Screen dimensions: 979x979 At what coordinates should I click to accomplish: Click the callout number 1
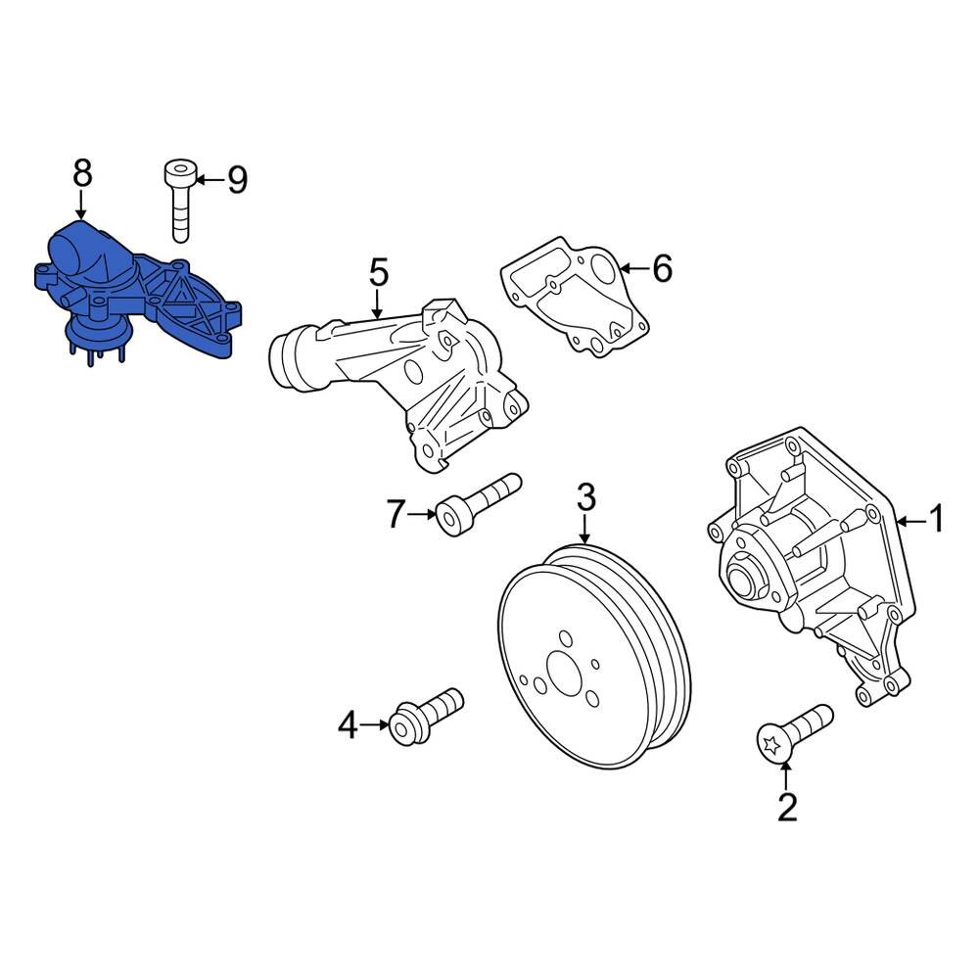click(936, 520)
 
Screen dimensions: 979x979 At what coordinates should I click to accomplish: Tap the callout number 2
click(787, 807)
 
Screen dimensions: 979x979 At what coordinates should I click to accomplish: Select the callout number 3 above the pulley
click(584, 497)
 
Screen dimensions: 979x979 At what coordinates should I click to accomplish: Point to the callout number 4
click(349, 725)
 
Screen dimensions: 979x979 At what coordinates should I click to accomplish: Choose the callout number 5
click(379, 271)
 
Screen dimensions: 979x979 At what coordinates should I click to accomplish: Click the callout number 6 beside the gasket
click(662, 267)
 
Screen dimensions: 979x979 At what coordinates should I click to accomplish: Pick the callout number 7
click(396, 513)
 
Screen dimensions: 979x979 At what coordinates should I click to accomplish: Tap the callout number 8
click(82, 173)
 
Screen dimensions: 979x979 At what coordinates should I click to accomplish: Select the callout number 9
click(236, 179)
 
